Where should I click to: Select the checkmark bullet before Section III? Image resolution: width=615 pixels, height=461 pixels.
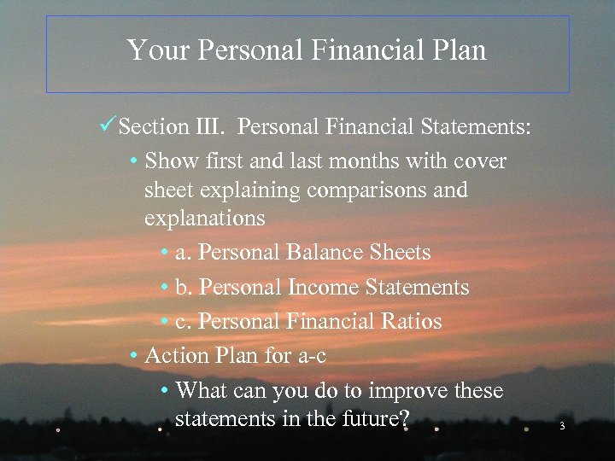click(108, 126)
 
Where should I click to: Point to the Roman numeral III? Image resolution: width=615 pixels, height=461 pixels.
click(210, 127)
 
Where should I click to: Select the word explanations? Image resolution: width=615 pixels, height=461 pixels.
click(205, 219)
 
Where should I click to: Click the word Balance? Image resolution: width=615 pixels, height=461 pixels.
click(325, 253)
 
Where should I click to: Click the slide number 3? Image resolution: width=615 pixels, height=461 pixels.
click(562, 426)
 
